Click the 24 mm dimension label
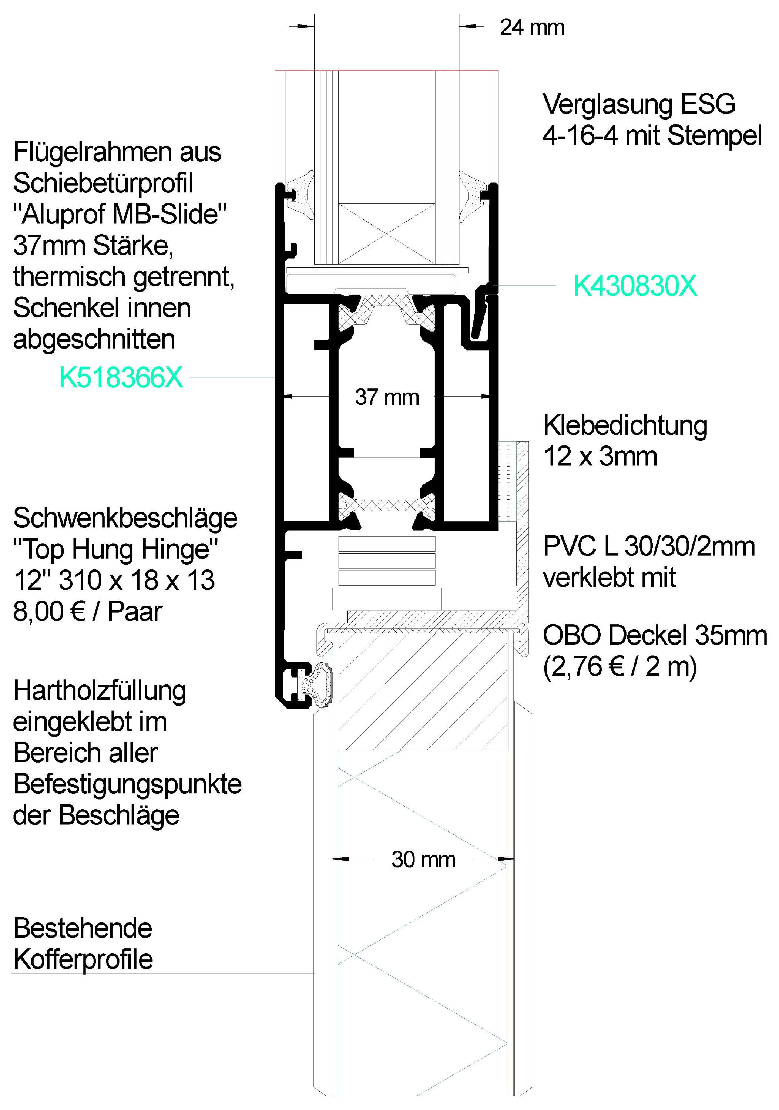(x=532, y=27)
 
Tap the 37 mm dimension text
(x=387, y=397)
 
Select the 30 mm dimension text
(x=424, y=860)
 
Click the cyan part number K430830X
(x=635, y=286)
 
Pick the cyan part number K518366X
(x=121, y=377)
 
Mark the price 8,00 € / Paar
(x=88, y=612)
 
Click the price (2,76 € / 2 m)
(x=620, y=667)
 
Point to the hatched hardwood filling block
(x=423, y=693)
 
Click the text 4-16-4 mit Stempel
(x=652, y=136)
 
